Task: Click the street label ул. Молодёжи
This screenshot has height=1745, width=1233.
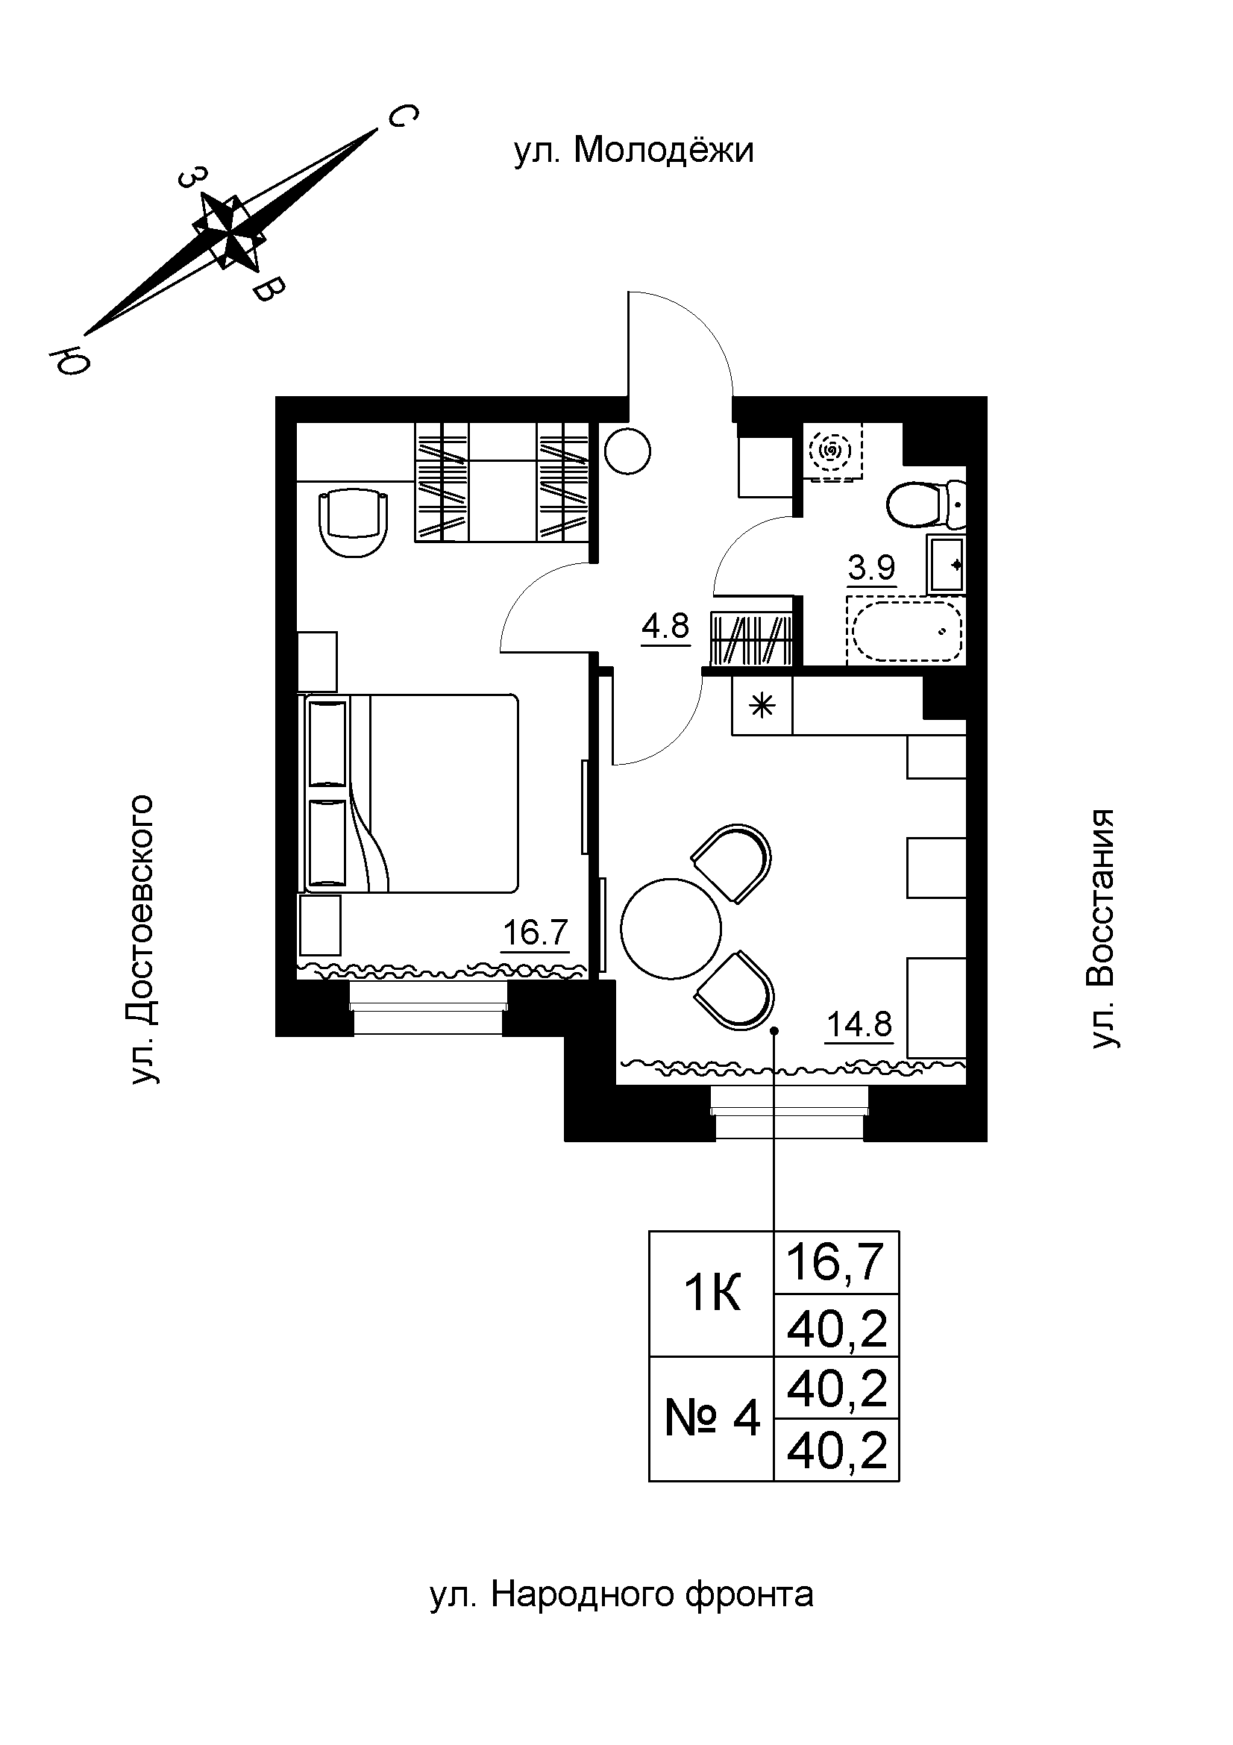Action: coord(633,151)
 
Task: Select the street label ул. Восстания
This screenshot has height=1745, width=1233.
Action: coord(1103,929)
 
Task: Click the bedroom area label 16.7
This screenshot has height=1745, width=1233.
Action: coord(536,933)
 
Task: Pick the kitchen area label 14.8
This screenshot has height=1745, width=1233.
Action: coord(859,1025)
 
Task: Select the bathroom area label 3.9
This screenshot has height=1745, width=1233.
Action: coord(872,568)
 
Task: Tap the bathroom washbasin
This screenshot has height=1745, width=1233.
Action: coord(945,563)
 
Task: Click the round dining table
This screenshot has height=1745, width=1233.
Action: coord(671,928)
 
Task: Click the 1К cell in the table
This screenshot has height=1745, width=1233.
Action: coord(711,1294)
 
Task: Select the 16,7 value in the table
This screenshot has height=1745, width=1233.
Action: coord(835,1262)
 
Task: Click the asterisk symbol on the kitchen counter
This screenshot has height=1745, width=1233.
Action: coord(762,707)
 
